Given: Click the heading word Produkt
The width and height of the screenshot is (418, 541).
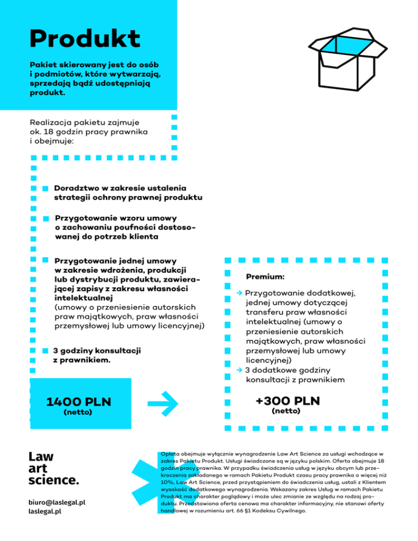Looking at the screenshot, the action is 85,38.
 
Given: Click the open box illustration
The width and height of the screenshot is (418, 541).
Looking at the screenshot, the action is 348,59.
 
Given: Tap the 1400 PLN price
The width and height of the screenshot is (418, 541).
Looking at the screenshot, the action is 79,402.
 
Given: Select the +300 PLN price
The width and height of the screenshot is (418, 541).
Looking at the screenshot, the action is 287,401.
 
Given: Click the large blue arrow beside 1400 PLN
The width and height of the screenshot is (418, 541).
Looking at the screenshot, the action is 163,403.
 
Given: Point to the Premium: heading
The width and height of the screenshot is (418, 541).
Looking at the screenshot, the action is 265,276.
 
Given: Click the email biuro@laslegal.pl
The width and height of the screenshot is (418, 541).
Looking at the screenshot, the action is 57,502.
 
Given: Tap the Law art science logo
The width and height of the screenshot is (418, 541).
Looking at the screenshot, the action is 53,468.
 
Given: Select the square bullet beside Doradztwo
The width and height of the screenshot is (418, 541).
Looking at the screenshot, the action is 45,189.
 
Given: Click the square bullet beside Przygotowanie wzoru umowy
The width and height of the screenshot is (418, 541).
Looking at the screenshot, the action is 46,219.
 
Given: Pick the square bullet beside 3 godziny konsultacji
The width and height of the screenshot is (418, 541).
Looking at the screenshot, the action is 45,351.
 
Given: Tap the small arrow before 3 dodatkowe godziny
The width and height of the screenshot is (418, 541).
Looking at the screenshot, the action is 239,370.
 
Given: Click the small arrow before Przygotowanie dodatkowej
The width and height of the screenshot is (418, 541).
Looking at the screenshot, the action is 239,293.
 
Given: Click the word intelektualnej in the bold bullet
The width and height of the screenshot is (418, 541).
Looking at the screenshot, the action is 83,298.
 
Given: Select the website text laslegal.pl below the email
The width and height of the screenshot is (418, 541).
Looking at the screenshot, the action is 45,511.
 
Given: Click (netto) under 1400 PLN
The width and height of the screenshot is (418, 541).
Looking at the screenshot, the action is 78,412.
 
